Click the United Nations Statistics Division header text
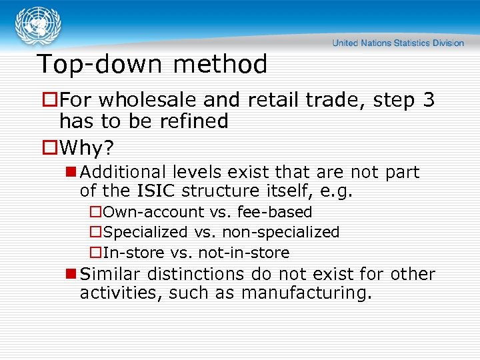coord(398,43)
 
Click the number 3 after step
coord(428,100)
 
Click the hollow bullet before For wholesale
coord(49,100)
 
